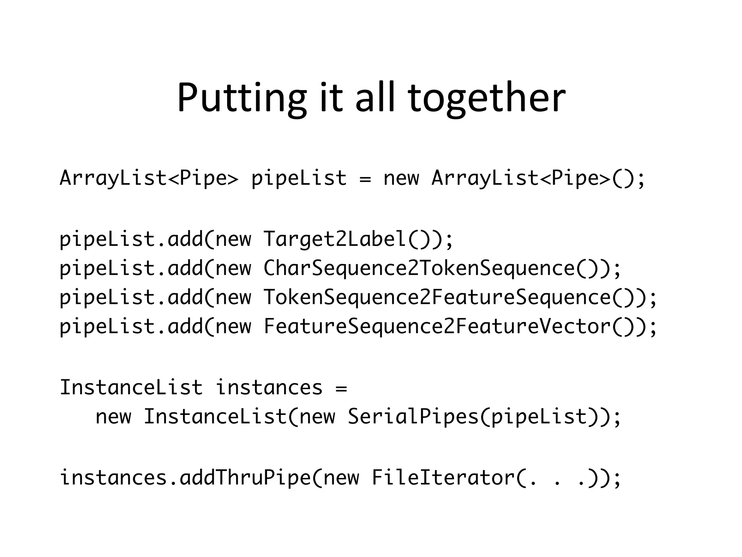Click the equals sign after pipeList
click(x=365, y=178)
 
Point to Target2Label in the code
click(x=335, y=239)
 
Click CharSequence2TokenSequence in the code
click(x=419, y=268)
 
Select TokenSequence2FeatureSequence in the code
click(x=437, y=297)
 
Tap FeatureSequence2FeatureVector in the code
click(x=437, y=326)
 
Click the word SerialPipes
click(x=413, y=416)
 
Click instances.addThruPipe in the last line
click(x=185, y=477)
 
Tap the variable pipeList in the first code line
click(x=299, y=178)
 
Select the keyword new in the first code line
click(x=401, y=178)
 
